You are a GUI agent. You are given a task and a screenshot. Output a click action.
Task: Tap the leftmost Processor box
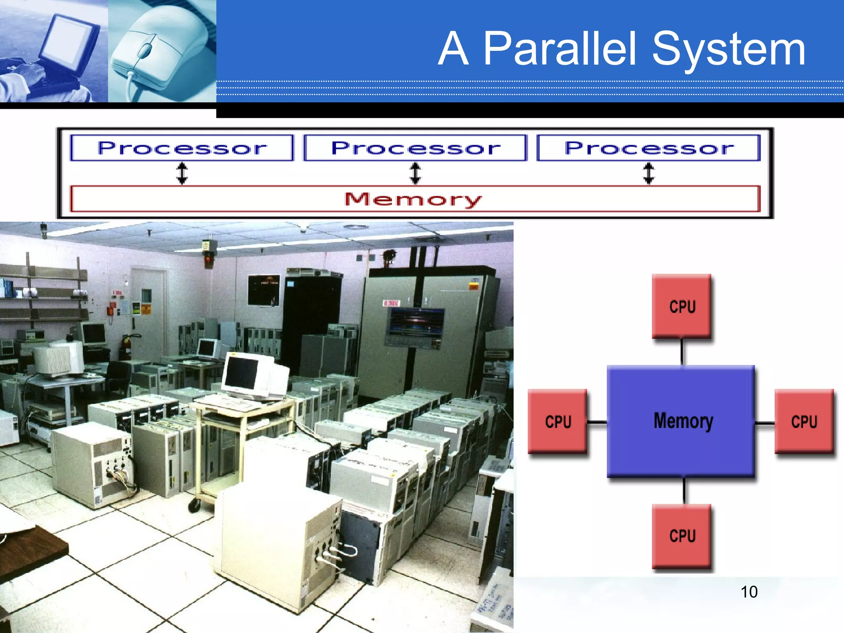182,148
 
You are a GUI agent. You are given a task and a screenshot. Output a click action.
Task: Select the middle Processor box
415,148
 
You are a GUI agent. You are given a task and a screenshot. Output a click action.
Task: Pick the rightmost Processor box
649,148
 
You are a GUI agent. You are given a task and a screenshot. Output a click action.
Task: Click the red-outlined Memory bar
415,199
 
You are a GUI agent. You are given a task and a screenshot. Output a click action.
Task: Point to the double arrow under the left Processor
182,173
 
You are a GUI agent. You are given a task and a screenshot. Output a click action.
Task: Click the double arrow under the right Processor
649,173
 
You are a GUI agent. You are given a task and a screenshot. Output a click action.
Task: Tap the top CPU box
682,306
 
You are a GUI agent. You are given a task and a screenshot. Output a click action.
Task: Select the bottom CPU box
682,536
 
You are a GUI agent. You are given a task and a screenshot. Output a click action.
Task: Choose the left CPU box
558,421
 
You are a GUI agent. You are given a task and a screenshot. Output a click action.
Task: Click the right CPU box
804,421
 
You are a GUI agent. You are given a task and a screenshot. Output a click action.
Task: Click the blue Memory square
681,421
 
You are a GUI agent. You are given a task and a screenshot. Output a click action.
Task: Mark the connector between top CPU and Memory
682,352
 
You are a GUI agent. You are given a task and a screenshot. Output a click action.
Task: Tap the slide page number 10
749,592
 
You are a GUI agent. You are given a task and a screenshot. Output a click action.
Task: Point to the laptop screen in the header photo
68,41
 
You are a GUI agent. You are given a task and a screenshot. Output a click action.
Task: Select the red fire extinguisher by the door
125,347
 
